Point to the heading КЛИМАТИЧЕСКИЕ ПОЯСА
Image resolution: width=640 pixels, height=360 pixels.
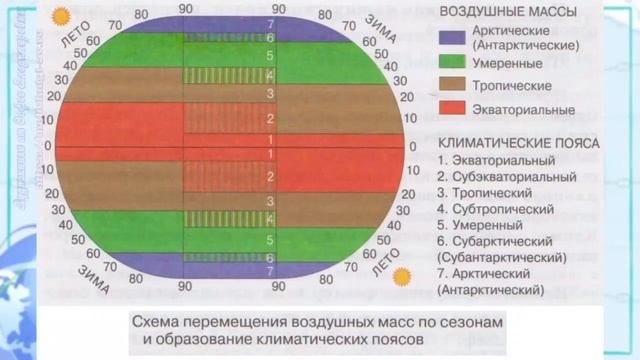coord(517,142)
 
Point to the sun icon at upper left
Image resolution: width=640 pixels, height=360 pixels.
coord(62,17)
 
